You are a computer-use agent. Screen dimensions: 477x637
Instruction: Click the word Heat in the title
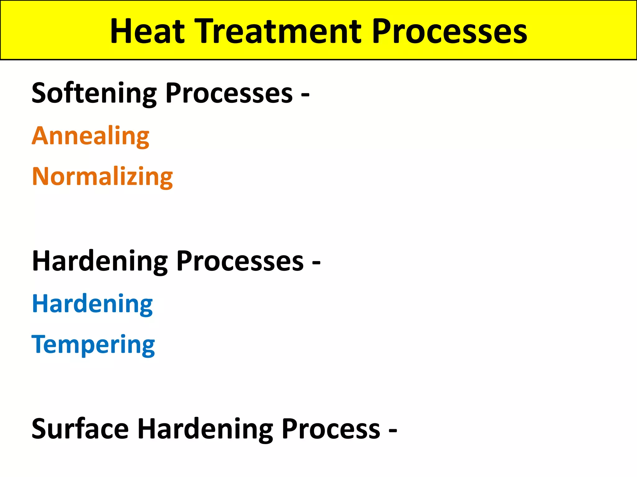(x=147, y=31)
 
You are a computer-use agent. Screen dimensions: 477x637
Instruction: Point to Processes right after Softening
(x=229, y=93)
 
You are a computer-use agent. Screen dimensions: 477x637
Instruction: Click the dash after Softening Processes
(x=305, y=94)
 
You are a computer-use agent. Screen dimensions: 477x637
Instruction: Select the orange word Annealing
(x=91, y=136)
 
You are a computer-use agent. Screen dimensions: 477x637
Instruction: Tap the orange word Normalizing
(x=102, y=177)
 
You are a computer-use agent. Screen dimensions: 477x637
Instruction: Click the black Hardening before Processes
(x=100, y=261)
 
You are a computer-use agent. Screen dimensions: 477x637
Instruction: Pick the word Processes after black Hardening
(x=240, y=261)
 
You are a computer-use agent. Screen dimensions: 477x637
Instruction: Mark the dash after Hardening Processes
(x=316, y=263)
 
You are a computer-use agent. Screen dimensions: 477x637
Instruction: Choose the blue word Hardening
(x=92, y=304)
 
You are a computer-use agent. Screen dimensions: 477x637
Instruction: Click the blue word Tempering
(x=93, y=345)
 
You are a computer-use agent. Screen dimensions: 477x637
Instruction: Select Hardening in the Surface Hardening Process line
(x=205, y=429)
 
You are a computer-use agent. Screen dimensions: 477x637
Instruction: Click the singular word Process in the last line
(x=331, y=429)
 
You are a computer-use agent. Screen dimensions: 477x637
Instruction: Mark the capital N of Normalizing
(x=41, y=176)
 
